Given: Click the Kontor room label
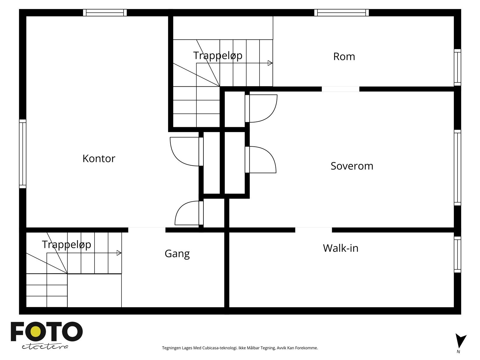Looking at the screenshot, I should coord(99,158).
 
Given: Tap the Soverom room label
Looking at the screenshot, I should coord(352,166).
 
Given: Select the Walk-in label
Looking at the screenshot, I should coord(340,248).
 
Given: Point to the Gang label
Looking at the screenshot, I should coord(177,254).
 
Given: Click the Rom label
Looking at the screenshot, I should coord(344,56).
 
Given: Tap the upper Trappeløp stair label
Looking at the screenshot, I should coord(217,55).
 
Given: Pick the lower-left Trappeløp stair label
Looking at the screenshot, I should coord(66,244).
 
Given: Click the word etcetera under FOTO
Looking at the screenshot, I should coord(45,346).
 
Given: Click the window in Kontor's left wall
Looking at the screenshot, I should coord(22,154).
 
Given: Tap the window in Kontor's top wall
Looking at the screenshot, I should coord(105,13).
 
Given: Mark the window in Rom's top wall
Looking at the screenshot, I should coord(341,13).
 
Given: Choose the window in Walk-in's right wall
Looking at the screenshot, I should coord(457,254).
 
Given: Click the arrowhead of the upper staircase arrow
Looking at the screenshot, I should coord(270,63).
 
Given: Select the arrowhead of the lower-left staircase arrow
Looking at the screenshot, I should coord(119,253).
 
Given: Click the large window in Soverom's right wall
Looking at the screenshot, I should coord(457,168).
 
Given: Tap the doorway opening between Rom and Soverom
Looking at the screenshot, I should coord(340,89).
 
